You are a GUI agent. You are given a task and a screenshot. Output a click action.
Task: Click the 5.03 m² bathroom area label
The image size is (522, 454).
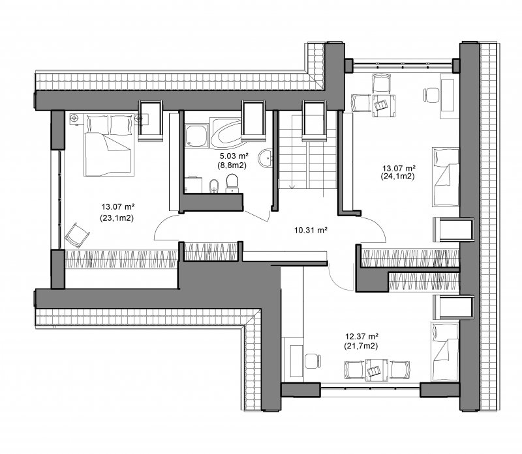234,156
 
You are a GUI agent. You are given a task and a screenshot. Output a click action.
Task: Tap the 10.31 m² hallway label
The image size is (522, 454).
311,230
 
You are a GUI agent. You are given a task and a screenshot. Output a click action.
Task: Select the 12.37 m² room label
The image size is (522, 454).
361,337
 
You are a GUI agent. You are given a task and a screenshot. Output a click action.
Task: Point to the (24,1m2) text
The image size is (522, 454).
398,177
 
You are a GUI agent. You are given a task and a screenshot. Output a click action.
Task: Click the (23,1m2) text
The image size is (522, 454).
117,218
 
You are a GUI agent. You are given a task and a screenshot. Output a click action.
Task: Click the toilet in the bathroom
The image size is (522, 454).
232,183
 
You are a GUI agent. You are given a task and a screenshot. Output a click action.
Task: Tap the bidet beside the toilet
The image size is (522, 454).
214,186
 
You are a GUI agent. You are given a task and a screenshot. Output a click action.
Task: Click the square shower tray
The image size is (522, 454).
196,135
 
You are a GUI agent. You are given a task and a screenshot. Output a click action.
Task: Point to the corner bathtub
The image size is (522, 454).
226,133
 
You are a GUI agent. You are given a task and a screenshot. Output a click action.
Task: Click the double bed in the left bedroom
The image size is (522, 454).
109,145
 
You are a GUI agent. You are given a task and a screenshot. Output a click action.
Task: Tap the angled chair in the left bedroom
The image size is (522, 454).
78,235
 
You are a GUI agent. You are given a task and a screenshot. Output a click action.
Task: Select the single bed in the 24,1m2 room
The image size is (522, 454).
446,177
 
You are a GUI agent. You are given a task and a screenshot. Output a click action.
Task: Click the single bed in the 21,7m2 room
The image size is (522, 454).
445,351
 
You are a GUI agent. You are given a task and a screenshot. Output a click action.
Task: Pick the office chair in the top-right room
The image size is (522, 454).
431,95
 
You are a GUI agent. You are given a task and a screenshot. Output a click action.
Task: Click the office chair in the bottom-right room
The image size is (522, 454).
313,362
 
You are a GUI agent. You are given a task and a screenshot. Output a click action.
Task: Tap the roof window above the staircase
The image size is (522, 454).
314,121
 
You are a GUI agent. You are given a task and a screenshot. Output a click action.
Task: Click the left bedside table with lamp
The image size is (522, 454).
75,119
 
